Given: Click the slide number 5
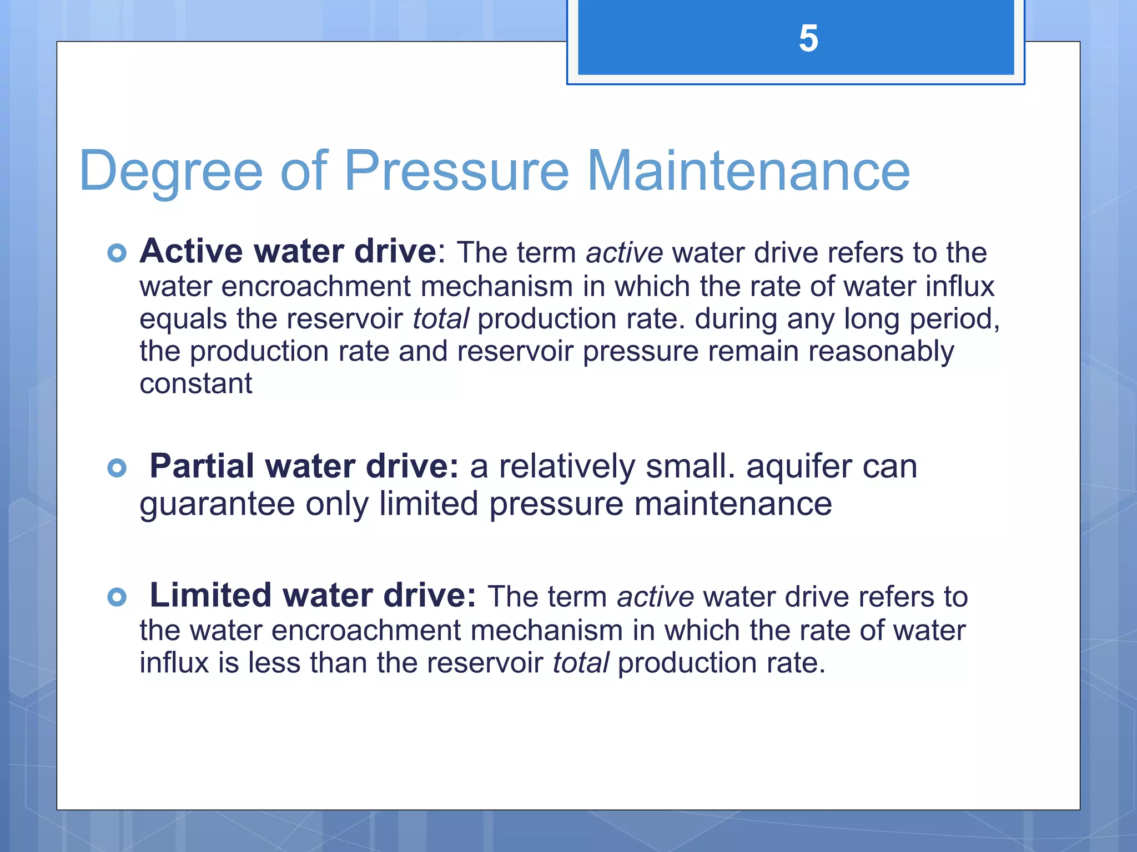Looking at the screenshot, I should click(x=808, y=39).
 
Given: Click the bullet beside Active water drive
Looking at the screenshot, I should click(x=117, y=253).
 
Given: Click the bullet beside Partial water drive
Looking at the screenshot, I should click(x=117, y=468).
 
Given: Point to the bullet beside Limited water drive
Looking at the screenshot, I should click(x=117, y=597).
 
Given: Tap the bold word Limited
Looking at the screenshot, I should click(x=210, y=595).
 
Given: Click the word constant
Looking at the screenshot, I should click(x=195, y=384).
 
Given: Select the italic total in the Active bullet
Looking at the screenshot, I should click(x=441, y=319).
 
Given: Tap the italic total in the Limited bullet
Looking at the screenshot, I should click(x=581, y=663).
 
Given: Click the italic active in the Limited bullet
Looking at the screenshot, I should click(x=655, y=597).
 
